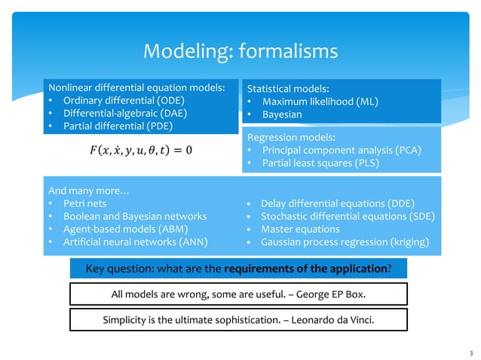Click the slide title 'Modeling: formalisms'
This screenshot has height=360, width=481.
(x=240, y=51)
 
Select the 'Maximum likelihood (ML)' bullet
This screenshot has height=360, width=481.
(x=320, y=102)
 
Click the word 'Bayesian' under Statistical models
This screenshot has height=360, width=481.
(x=282, y=114)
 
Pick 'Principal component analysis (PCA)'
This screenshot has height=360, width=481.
(x=341, y=150)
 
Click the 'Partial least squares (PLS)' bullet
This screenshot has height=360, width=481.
(x=317, y=163)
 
